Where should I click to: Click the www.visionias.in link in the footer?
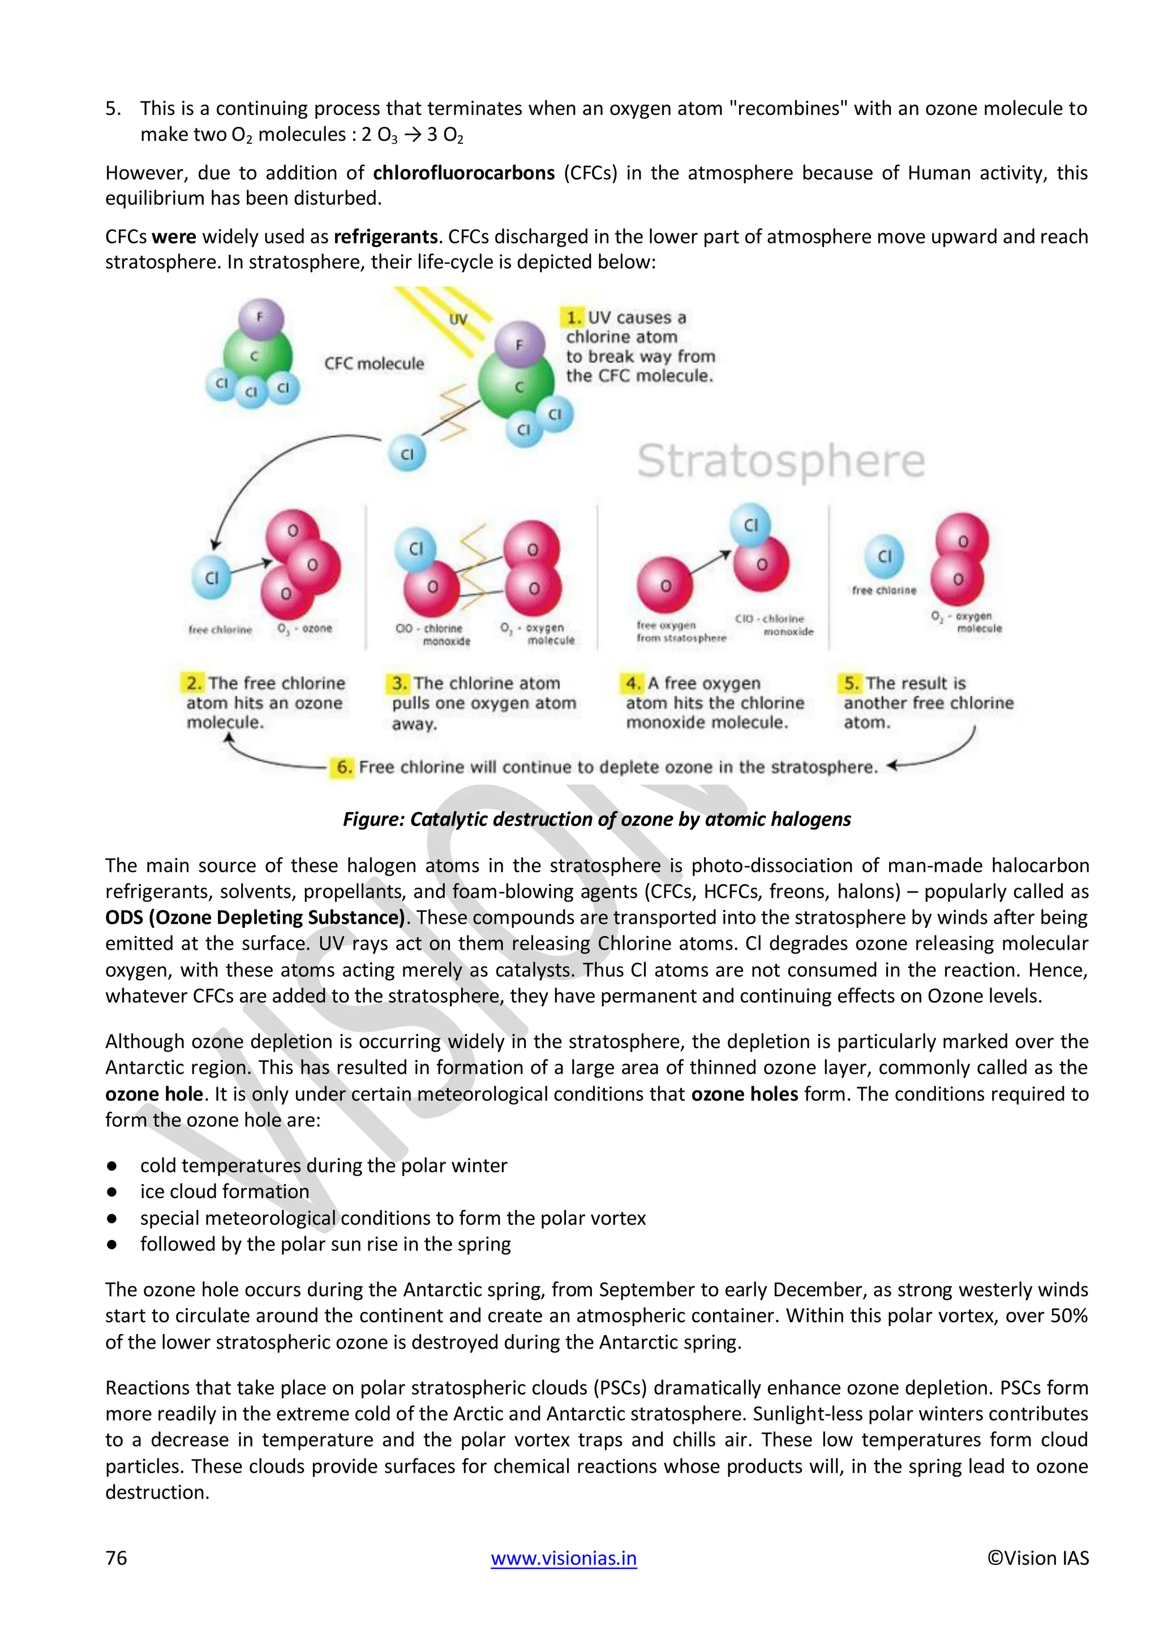563,1558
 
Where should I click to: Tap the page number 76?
117,1558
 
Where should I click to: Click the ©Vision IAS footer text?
1038,1558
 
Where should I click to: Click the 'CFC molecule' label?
374,363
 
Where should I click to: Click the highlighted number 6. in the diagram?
344,767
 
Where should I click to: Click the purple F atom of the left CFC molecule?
260,317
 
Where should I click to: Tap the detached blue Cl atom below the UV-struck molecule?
407,454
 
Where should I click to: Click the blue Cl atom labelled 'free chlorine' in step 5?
884,556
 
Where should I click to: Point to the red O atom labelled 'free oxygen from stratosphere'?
664,585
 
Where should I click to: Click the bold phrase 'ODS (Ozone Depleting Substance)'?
255,917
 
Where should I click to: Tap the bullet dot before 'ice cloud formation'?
112,1191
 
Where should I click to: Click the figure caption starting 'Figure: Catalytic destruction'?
596,819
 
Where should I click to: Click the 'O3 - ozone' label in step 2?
304,629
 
